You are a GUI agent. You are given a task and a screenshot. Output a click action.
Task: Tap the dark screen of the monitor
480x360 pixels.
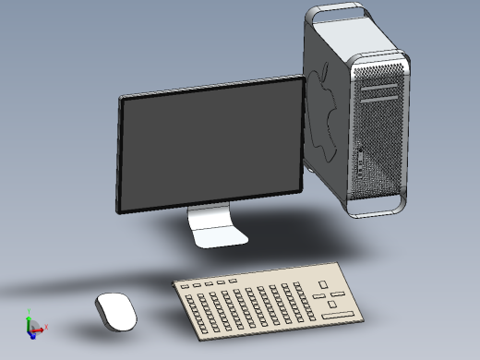point(210,148)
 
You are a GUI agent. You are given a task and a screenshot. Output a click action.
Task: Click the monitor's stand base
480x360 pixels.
point(221,236)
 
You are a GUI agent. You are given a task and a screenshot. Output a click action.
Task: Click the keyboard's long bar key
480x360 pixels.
point(337,316)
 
